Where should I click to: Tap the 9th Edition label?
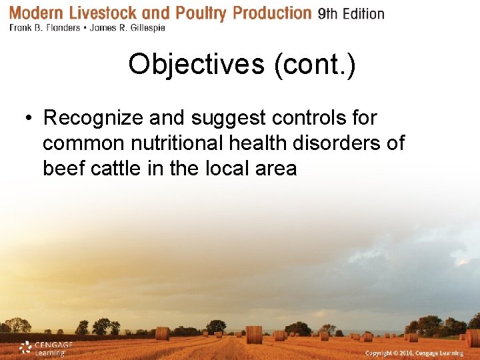click(351, 14)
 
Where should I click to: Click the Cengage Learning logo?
click(45, 348)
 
